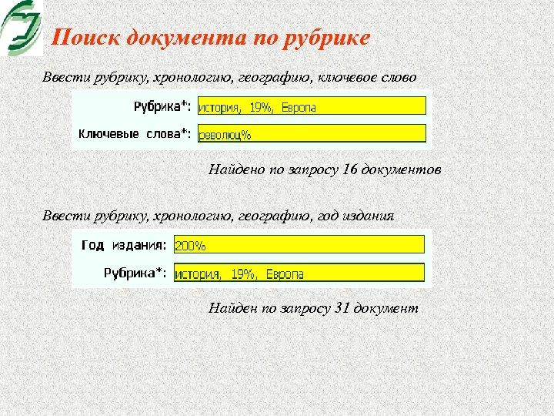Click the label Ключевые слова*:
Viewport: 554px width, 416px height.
(135, 134)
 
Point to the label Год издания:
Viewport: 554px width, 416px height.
(123, 246)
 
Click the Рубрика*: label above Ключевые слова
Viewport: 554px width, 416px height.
(162, 106)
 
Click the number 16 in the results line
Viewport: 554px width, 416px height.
(349, 169)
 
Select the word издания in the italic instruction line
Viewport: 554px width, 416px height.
(370, 216)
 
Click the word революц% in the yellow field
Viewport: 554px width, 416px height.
(225, 134)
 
